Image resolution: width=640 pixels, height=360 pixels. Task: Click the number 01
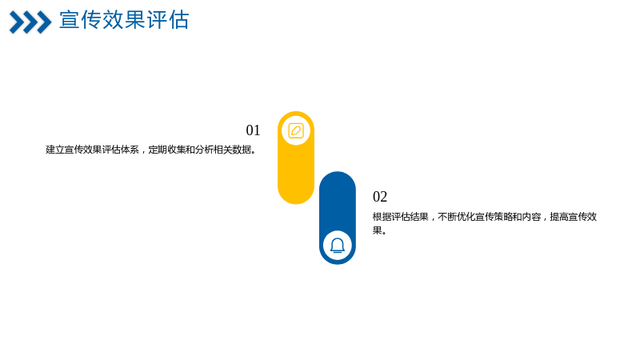tap(253, 130)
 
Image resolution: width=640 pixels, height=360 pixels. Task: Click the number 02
tap(379, 197)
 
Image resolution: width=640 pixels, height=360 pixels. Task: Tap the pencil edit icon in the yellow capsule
tap(296, 131)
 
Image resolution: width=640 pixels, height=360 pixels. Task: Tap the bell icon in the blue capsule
tap(338, 246)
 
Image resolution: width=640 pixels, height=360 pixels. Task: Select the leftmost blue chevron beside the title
tap(17, 22)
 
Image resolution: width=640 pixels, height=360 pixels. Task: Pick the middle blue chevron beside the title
tap(30, 22)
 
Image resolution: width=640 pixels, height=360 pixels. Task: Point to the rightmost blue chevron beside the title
tap(44, 22)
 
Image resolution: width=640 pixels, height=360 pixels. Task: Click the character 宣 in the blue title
tap(70, 19)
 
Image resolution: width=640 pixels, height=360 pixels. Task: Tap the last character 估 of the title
tap(178, 19)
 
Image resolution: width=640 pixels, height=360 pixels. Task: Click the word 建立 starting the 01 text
tap(55, 150)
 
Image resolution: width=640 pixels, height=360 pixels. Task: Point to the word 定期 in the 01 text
tap(158, 150)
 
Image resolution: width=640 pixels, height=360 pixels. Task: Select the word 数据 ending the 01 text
tap(242, 150)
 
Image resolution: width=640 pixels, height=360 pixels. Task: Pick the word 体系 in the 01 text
tap(130, 150)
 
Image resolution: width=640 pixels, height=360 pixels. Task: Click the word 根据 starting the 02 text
tap(382, 217)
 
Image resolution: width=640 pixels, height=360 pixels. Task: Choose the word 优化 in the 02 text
tap(466, 217)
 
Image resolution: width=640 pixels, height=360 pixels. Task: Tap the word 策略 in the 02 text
tap(503, 217)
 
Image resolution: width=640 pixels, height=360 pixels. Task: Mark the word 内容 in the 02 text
tap(531, 217)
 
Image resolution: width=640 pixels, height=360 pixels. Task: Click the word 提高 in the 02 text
tap(559, 217)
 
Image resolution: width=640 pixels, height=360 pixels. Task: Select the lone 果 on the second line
tap(377, 230)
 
